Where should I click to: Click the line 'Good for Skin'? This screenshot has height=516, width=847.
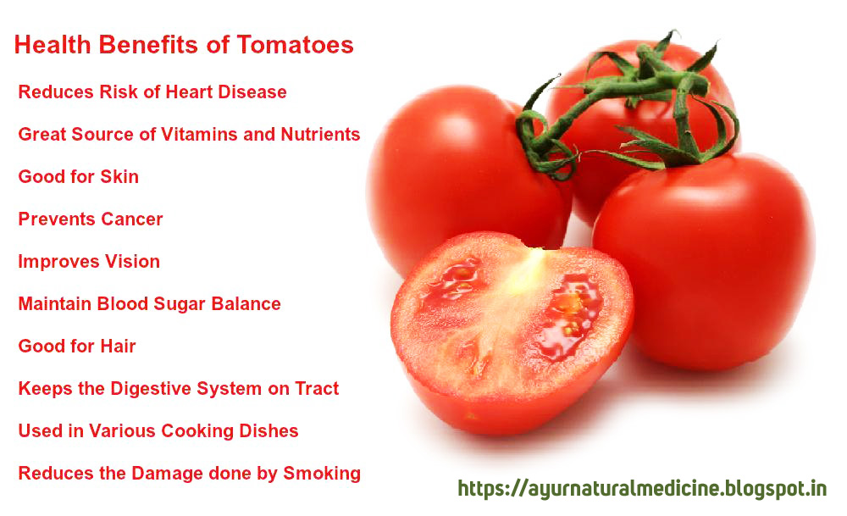tap(78, 176)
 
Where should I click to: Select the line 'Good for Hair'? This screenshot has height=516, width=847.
tap(76, 346)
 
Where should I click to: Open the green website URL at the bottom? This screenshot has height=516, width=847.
tap(642, 489)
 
